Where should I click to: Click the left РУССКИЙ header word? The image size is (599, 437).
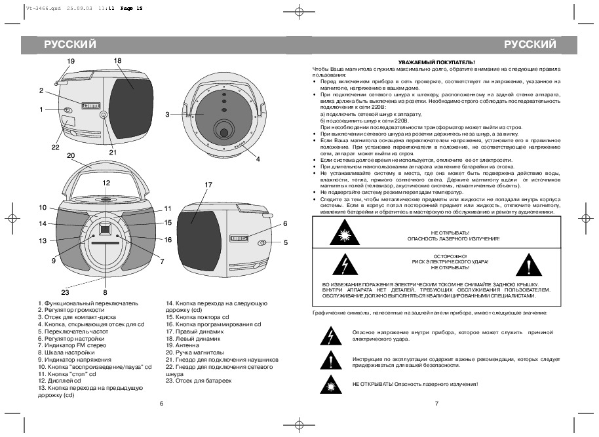70,45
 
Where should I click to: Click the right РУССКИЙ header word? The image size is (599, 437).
530,45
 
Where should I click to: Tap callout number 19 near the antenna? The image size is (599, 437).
71,61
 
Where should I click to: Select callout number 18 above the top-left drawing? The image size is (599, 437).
117,60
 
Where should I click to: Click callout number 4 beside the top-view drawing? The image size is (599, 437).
258,159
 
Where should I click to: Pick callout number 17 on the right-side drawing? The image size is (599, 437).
208,185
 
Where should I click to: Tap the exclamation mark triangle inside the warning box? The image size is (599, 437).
530,263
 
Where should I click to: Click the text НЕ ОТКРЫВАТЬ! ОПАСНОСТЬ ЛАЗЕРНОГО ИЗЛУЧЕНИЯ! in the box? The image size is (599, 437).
452,236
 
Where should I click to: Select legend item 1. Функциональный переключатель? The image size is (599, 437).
88,303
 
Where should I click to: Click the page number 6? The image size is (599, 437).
161,402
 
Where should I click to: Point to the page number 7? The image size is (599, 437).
436,402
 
